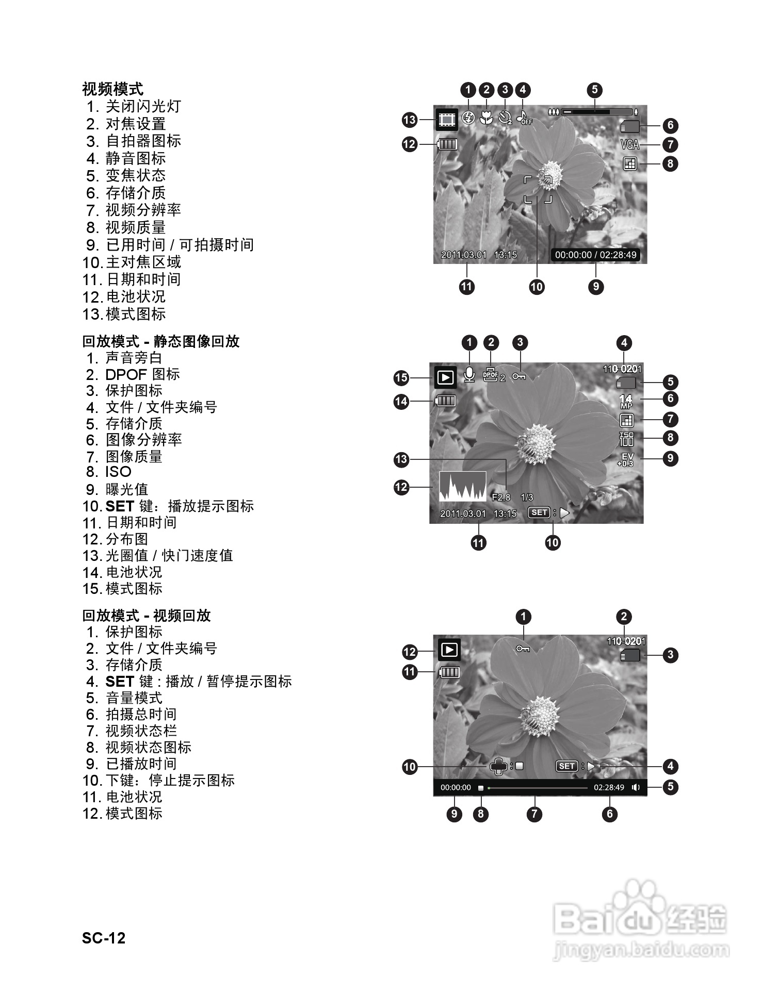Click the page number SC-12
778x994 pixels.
point(104,938)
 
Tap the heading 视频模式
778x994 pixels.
point(112,89)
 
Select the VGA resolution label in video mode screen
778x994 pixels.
point(630,145)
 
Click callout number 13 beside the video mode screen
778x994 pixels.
point(410,120)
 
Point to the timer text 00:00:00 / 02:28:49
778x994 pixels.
point(595,255)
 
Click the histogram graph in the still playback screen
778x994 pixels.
point(462,486)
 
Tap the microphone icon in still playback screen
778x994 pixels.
point(469,374)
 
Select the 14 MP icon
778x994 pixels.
point(626,401)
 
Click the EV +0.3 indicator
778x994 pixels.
point(626,460)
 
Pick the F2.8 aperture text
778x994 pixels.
point(501,498)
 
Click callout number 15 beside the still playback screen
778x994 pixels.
point(401,378)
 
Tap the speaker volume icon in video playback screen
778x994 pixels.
point(636,787)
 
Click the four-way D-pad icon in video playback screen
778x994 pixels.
point(499,767)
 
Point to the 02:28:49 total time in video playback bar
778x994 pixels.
point(609,788)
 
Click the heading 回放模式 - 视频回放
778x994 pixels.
point(147,616)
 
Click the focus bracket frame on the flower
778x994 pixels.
point(538,189)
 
